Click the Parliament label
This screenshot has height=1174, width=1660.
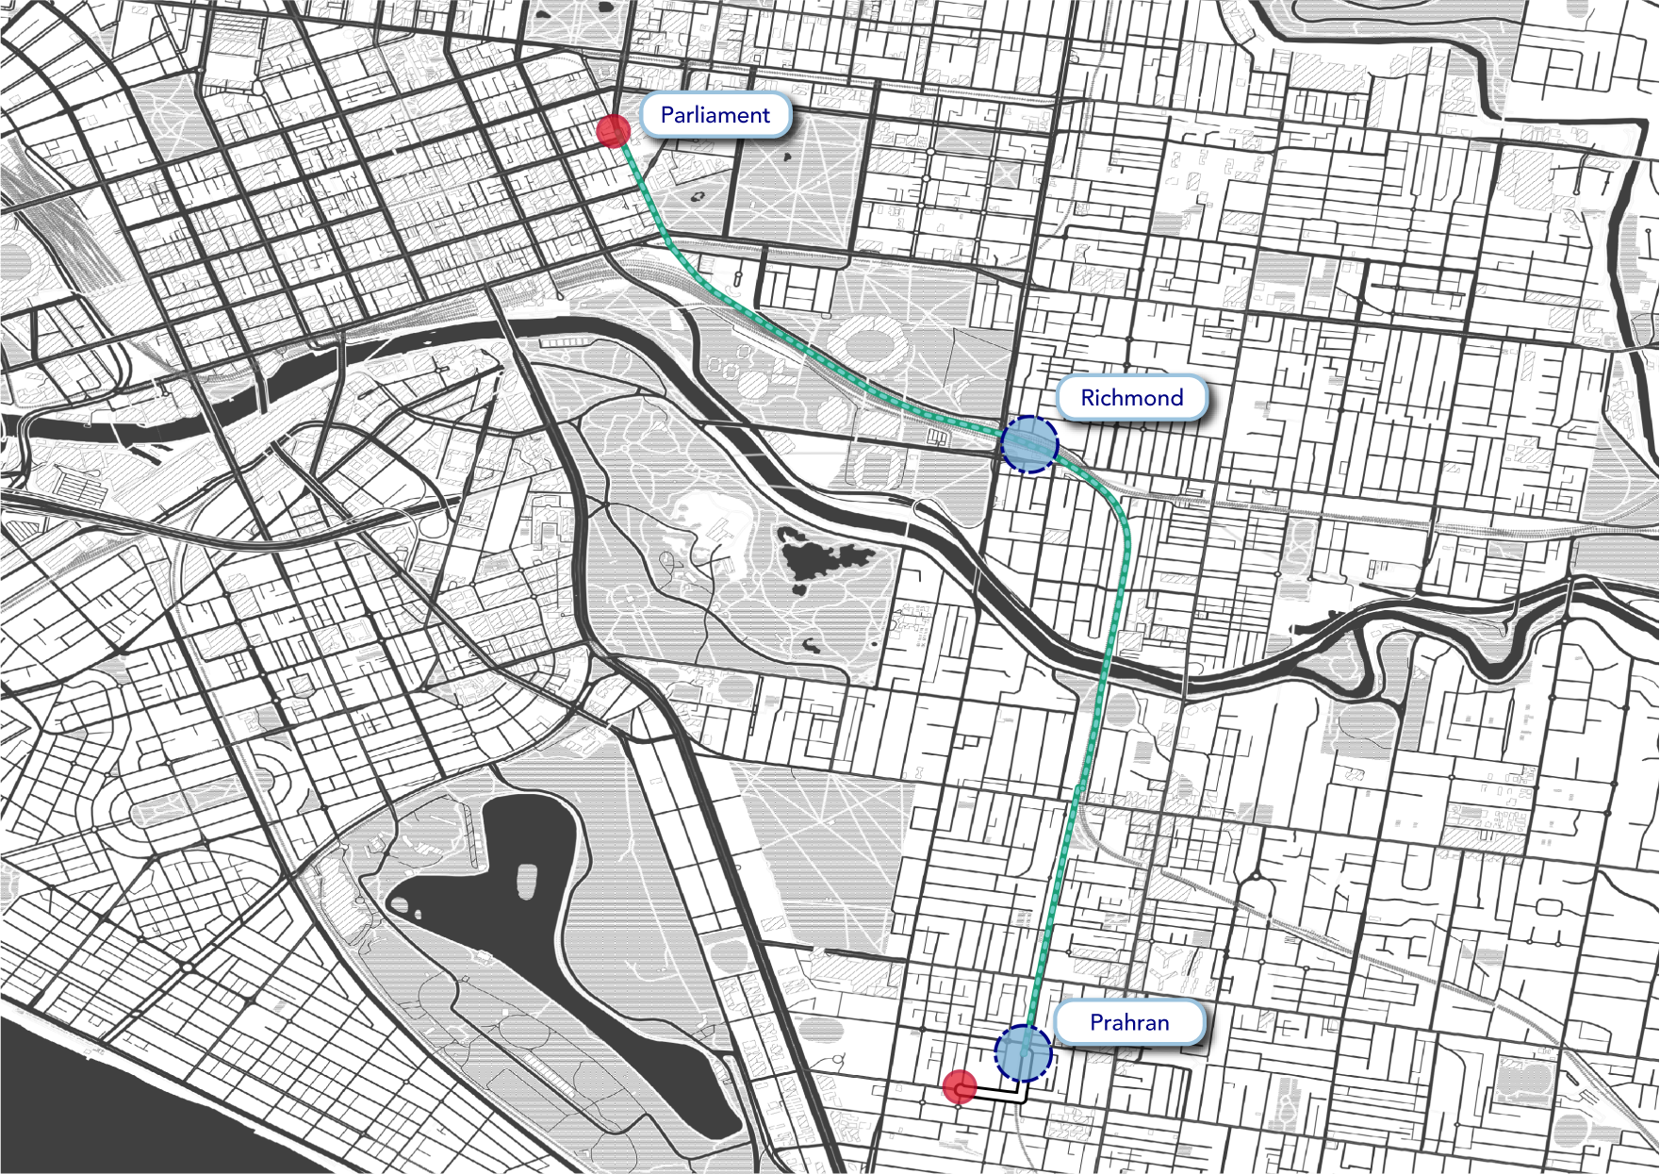715,115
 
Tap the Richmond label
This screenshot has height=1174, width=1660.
1131,398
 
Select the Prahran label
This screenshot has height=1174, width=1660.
1129,1023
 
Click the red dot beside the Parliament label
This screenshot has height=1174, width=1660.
614,131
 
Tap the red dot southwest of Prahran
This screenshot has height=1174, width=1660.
960,1087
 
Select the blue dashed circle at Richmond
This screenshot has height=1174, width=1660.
1029,444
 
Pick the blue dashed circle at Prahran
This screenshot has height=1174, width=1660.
1023,1052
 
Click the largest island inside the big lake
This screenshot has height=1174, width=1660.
526,880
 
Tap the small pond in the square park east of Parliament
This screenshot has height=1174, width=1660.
699,198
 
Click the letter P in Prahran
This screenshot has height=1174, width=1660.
1096,1023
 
